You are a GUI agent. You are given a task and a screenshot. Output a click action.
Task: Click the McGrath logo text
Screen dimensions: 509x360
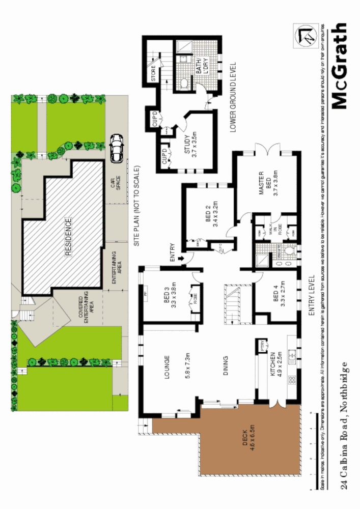pyautogui.click(x=339, y=66)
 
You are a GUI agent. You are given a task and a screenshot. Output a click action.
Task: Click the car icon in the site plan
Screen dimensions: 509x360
pyautogui.click(x=117, y=148)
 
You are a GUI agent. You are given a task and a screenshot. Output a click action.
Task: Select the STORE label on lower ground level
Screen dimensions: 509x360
pyautogui.click(x=153, y=75)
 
